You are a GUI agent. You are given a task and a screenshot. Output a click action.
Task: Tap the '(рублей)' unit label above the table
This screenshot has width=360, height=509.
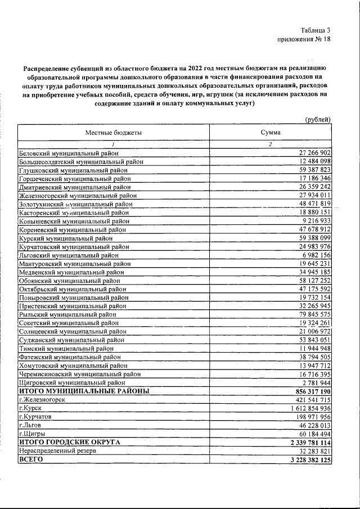click(x=317, y=119)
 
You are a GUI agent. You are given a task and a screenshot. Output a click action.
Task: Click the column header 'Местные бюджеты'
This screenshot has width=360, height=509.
click(x=113, y=132)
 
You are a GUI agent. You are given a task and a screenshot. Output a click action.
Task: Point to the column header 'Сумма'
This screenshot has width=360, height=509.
click(x=270, y=132)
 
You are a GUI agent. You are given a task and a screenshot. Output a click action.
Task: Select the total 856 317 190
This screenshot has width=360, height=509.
click(x=307, y=390)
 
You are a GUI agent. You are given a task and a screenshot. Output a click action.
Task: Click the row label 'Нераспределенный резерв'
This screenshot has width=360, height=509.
click(x=61, y=451)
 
